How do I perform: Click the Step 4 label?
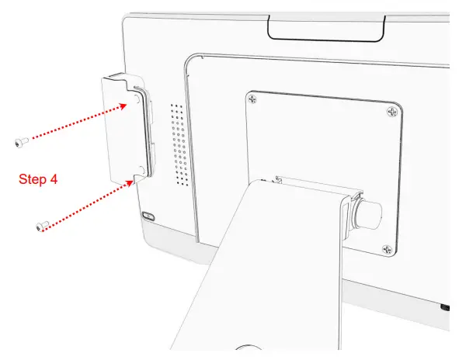pyautogui.click(x=38, y=179)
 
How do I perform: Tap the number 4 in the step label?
pyautogui.click(x=53, y=179)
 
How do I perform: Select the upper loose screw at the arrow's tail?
pyautogui.click(x=21, y=141)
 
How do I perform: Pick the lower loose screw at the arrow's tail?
pyautogui.click(x=43, y=225)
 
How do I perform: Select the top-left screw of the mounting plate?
pyautogui.click(x=253, y=99)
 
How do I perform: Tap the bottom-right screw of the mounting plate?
pyautogui.click(x=387, y=249)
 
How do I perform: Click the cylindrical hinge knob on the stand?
pyautogui.click(x=371, y=210)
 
